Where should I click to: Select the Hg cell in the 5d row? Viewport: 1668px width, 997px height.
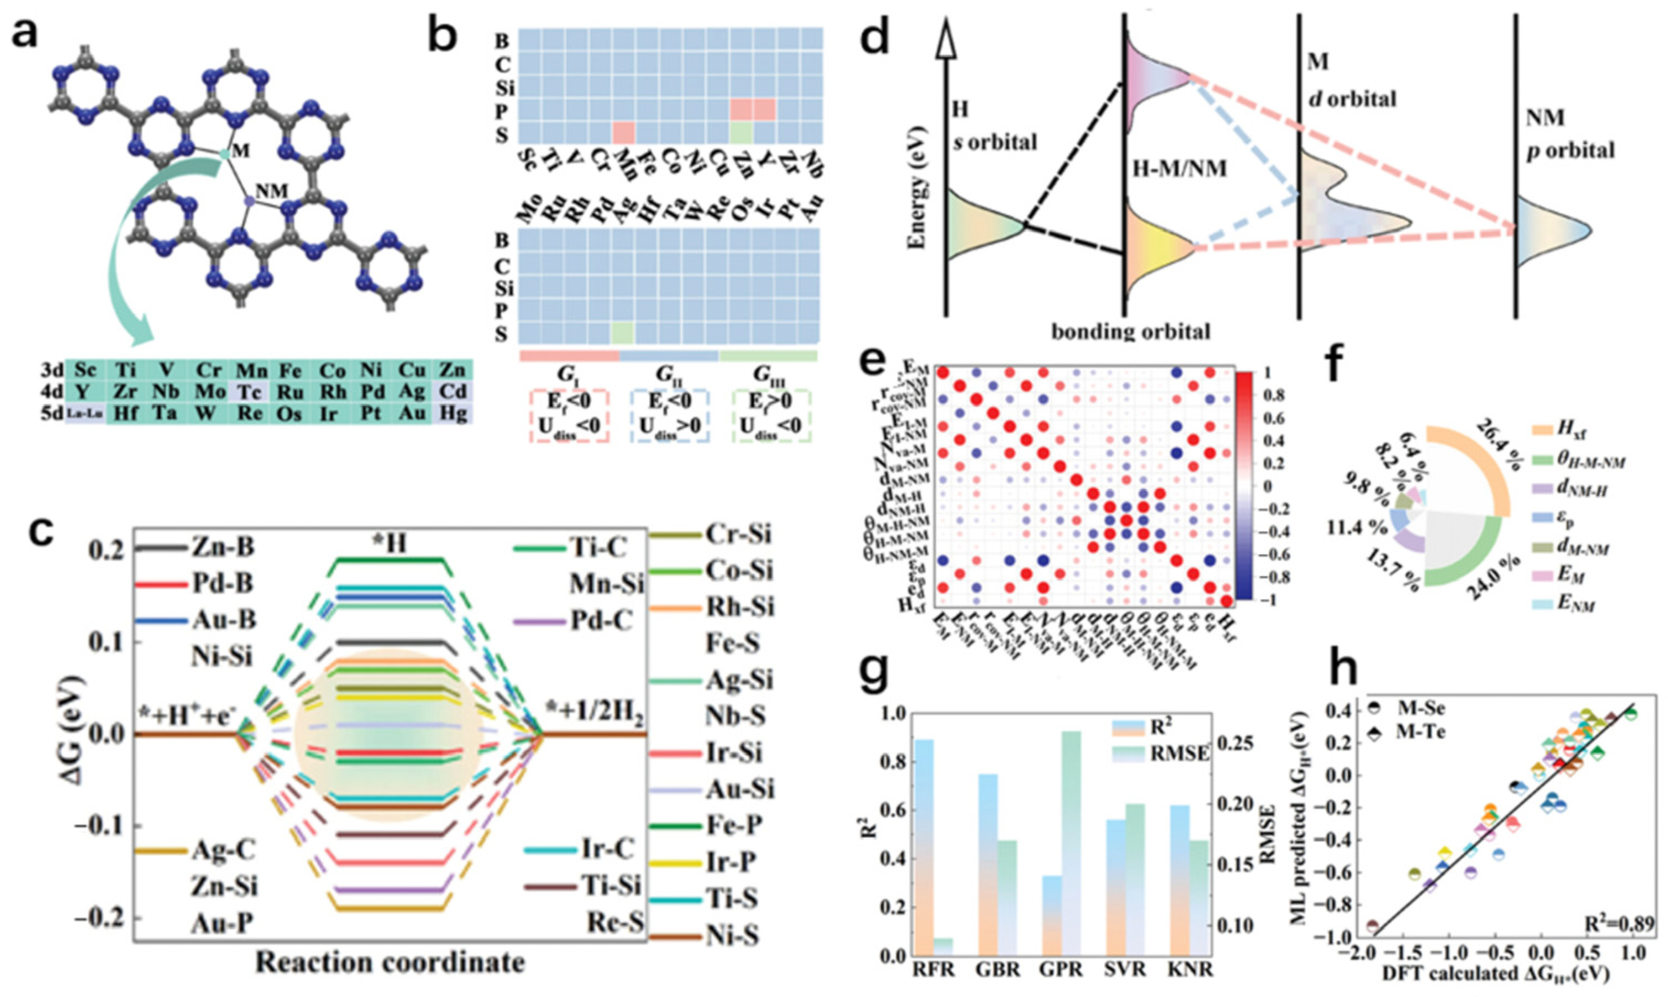coord(456,412)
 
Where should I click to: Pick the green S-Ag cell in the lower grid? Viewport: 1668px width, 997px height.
coord(622,333)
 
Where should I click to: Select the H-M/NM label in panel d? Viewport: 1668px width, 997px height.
coord(1176,168)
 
